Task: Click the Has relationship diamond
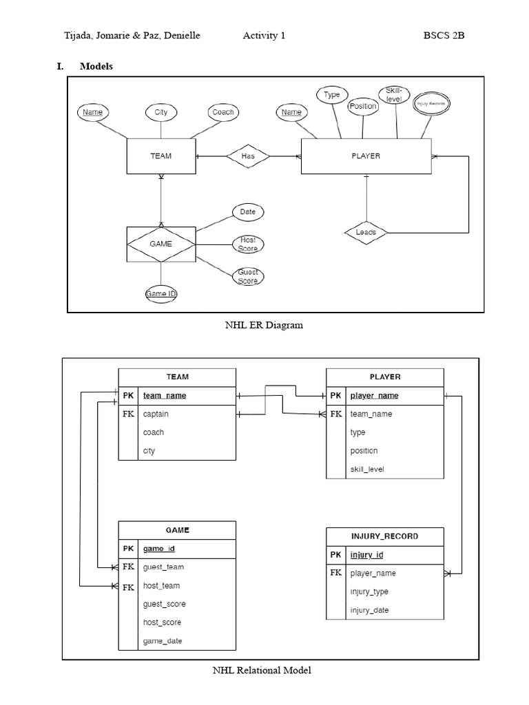tap(248, 156)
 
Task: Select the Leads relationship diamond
tap(366, 233)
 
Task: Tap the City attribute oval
tap(160, 112)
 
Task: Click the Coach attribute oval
tap(222, 112)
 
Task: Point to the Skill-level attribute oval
tap(393, 96)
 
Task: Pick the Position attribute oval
tap(362, 106)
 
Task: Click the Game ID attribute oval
tap(161, 294)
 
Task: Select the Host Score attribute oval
tap(248, 244)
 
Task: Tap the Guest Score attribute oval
tap(248, 277)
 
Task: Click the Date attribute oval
tap(248, 212)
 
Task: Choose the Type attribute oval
tap(332, 95)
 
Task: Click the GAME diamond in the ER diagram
tap(160, 244)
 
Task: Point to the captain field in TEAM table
tap(156, 414)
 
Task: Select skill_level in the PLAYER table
tap(367, 470)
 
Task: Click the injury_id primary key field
tap(366, 555)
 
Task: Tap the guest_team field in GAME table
tap(163, 567)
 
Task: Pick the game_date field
tap(163, 641)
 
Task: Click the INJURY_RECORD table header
tap(385, 536)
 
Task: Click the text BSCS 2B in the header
tap(444, 36)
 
